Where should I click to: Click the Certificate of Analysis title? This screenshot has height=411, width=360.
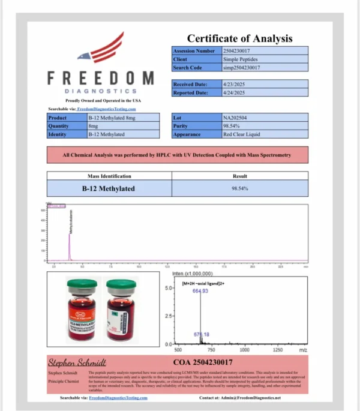(239, 38)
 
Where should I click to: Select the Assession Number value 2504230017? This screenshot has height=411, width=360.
(239, 51)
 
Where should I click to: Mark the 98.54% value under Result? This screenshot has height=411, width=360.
(240, 188)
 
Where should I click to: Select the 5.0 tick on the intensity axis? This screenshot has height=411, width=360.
(169, 288)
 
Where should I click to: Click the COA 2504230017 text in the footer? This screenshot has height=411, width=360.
(203, 362)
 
